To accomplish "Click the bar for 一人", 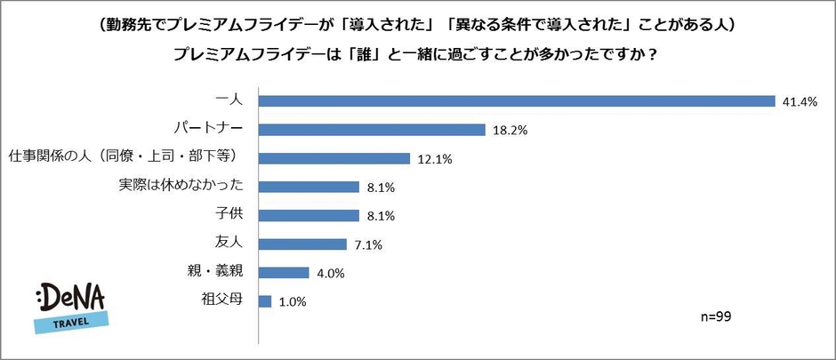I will (x=517, y=101).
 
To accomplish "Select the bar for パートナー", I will (x=371, y=130).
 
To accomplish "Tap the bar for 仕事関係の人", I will (x=334, y=158).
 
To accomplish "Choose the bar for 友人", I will (x=302, y=244).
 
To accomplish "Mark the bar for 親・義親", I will (x=284, y=273).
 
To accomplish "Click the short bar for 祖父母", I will (x=265, y=301).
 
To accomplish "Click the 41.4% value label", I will (x=800, y=101).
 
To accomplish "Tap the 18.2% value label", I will (x=510, y=130).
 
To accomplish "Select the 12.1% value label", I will (x=435, y=158).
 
